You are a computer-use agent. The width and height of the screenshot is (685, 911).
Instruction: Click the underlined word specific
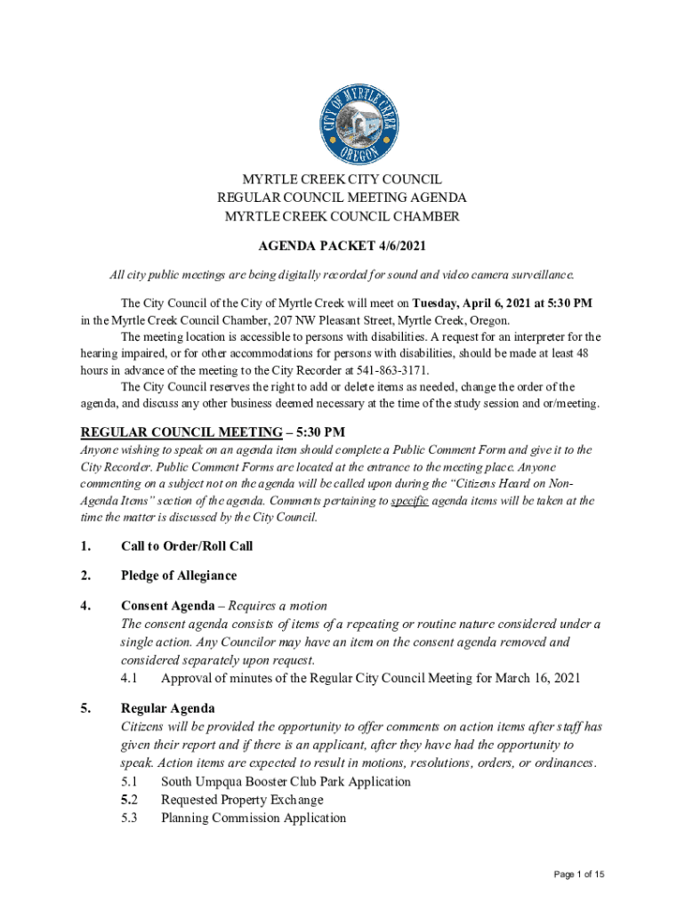click(410, 501)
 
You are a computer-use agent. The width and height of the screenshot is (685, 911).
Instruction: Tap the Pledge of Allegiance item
click(179, 576)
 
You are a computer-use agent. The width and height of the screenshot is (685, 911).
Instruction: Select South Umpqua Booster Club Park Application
click(286, 781)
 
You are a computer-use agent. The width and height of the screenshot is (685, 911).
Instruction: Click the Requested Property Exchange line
click(242, 799)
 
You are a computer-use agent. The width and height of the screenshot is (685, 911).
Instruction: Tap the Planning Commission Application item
click(253, 818)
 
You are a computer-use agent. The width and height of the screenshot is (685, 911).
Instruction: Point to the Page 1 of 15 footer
click(578, 875)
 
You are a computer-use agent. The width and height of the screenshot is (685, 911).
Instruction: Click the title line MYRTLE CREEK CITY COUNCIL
click(342, 180)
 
